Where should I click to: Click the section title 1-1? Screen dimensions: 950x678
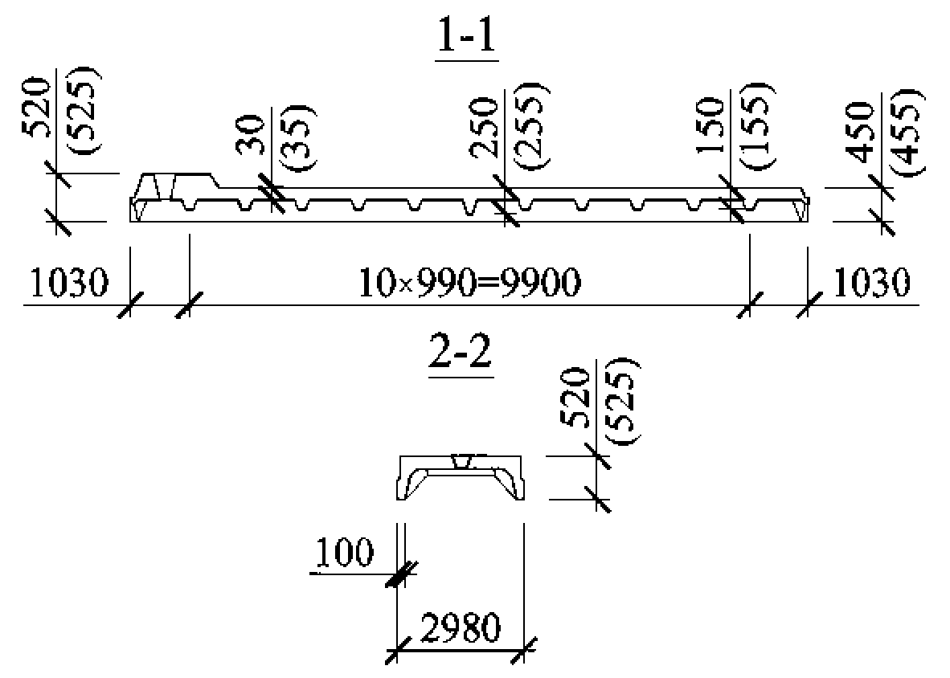coord(466,35)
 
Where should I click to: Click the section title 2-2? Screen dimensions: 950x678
coord(460,352)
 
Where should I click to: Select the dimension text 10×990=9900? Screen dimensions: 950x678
coord(470,283)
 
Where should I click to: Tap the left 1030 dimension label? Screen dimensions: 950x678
coord(68,283)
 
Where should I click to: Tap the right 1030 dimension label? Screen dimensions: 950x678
coord(872,283)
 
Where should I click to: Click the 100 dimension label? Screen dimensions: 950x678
coord(344,552)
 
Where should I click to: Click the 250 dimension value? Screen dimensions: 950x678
coord(485,128)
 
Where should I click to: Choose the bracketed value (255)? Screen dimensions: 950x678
coord(532,126)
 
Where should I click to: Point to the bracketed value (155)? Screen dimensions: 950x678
coord(757,126)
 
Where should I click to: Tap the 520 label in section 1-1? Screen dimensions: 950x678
coord(35,107)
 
